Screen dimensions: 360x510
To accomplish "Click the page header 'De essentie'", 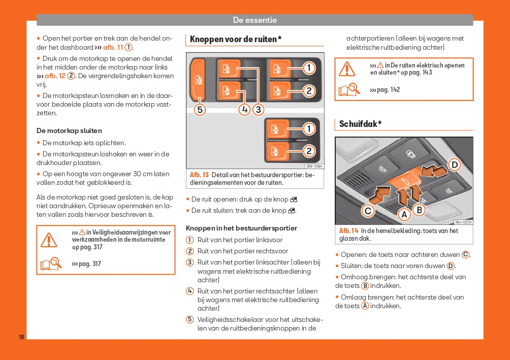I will pos(254,20).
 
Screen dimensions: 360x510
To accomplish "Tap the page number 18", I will pos(21,337).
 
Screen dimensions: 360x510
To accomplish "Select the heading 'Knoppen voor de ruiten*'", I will pos(235,39).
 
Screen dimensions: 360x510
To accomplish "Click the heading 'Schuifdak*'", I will pos(360,124).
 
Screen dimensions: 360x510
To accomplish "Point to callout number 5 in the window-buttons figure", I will pos(200,109).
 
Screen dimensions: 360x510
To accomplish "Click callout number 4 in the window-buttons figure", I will pos(245,109).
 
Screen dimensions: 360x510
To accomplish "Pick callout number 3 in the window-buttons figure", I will pos(258,109).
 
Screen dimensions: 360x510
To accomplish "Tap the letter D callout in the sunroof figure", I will pos(455,165).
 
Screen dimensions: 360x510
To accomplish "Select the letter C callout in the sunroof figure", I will pos(368,211).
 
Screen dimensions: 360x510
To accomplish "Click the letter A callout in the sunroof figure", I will pos(404,215).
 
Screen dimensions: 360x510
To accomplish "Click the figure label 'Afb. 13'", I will pos(199,175).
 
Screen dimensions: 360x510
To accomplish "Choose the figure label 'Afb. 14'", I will pos(348,231).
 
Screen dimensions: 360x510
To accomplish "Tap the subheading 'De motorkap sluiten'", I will pos(69,130).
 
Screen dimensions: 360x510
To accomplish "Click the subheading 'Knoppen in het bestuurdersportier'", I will pos(241,228).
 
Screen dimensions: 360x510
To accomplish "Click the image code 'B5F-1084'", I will pos(314,166).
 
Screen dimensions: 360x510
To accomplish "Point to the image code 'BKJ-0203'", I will pos(463,222).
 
